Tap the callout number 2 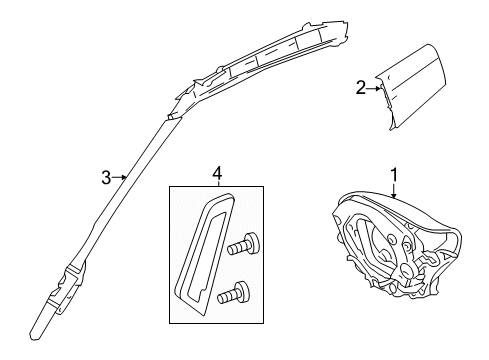point(361,88)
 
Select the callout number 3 point(106,178)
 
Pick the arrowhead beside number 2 point(379,88)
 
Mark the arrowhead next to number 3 point(124,178)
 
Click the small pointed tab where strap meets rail point(172,117)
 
